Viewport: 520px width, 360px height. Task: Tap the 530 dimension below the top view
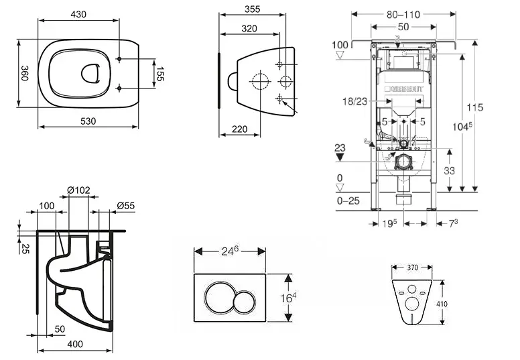88,121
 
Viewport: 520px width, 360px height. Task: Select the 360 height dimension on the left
25,73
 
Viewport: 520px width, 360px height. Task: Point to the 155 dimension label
161,73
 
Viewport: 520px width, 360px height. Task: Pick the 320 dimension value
250,28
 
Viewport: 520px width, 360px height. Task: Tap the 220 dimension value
240,128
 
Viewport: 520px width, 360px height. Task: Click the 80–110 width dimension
404,13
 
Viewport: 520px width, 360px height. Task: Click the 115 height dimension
476,107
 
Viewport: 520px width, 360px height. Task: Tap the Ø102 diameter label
78,190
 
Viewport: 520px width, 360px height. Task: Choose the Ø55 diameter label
125,205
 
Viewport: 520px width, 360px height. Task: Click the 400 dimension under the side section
75,344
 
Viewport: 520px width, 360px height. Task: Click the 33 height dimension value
449,171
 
